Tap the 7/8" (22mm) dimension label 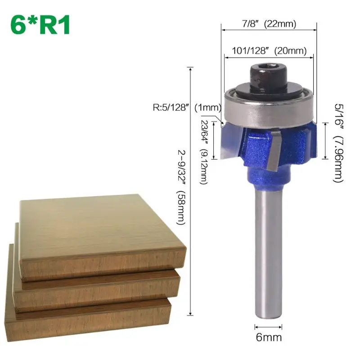pos(267,23)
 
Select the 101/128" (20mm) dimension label pos(269,51)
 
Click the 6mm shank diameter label pos(268,336)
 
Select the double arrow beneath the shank pos(268,326)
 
